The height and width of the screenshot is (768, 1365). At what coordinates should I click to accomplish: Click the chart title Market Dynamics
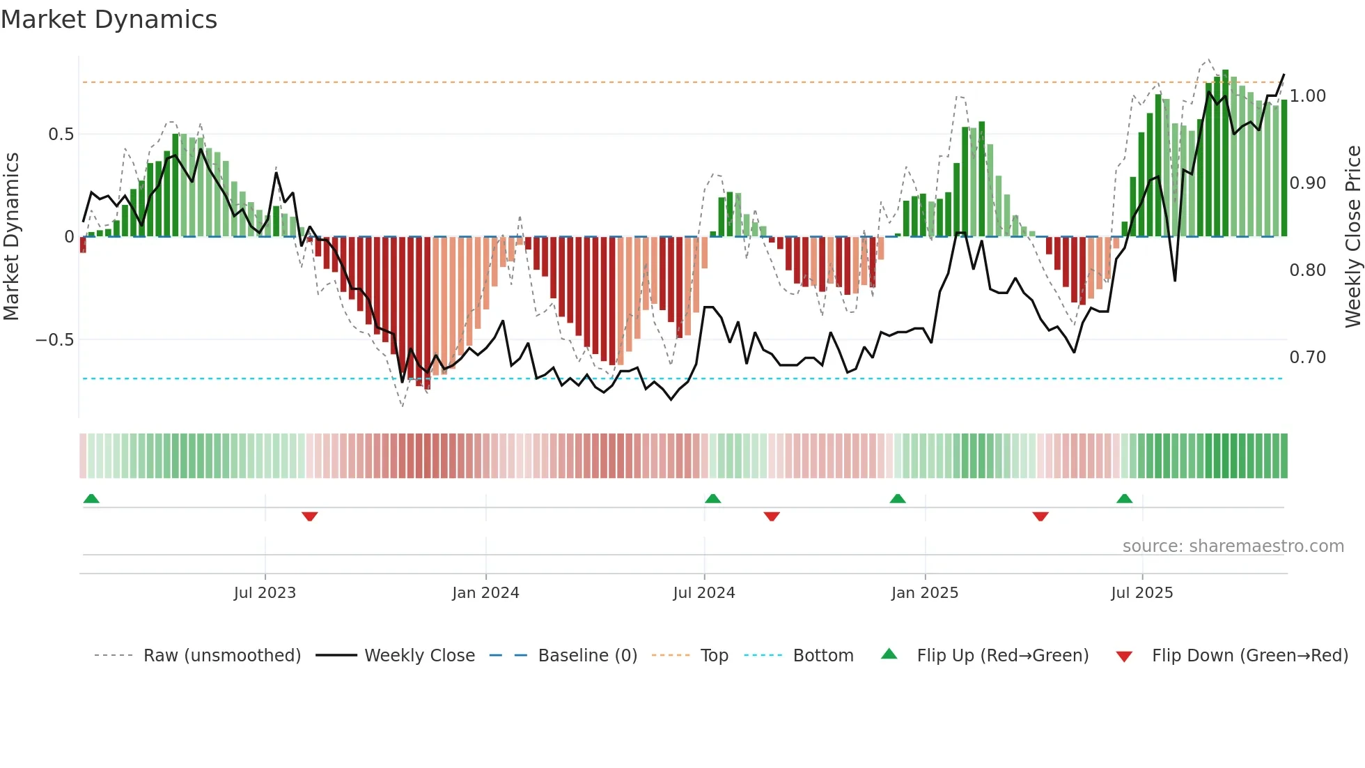click(x=109, y=20)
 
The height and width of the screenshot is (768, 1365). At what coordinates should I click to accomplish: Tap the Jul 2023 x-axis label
click(x=265, y=593)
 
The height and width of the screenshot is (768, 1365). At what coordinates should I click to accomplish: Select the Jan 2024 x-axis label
click(x=485, y=593)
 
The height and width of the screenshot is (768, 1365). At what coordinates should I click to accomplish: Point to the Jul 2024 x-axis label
click(x=704, y=593)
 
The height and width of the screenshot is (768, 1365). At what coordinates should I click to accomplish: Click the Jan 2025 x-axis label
click(x=925, y=593)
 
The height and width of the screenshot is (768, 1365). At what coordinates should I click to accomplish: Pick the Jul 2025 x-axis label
click(x=1142, y=593)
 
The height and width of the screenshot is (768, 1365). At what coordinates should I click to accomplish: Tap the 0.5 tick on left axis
click(x=61, y=135)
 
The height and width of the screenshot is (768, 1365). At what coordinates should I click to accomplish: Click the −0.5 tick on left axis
click(x=54, y=340)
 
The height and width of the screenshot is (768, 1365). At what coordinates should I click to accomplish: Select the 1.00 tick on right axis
click(x=1307, y=96)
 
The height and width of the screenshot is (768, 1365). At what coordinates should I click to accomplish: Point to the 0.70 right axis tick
click(x=1307, y=358)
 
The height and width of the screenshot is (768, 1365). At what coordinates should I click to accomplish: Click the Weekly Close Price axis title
click(x=1352, y=237)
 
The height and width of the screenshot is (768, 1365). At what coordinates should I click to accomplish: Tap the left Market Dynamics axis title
click(x=12, y=237)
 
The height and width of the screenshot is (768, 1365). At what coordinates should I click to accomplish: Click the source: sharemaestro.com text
click(x=1233, y=546)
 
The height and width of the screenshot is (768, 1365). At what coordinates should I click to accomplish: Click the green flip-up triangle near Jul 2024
click(x=712, y=498)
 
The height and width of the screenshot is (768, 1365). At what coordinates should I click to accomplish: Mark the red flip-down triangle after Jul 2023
click(x=310, y=516)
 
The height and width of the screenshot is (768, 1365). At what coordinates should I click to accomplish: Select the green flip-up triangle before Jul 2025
click(x=1124, y=498)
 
